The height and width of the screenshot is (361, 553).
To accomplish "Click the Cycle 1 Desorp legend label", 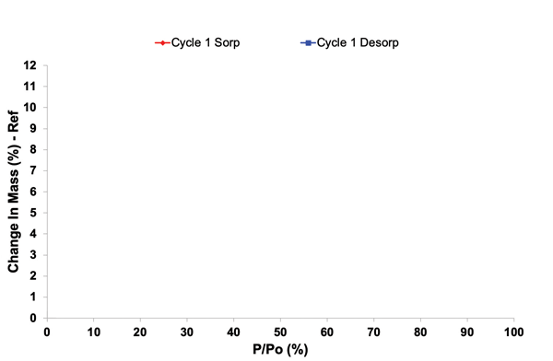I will [x=358, y=42].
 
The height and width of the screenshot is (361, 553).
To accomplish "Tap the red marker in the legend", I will [x=161, y=43].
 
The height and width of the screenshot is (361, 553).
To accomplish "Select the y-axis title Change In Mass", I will [x=15, y=192].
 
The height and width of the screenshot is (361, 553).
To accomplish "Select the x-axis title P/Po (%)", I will [x=280, y=350].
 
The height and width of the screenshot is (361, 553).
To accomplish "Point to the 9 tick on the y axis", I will [x=33, y=129].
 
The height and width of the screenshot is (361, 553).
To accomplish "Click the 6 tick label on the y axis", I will [x=33, y=192].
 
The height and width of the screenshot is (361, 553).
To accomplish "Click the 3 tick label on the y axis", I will [x=33, y=255].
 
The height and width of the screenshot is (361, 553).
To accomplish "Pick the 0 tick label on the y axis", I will [x=33, y=319].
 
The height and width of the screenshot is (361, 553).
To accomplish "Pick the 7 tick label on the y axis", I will [x=33, y=171].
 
